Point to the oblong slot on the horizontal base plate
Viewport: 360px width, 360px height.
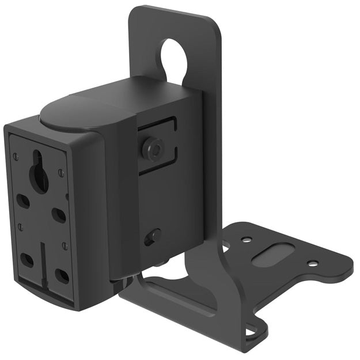(272, 254)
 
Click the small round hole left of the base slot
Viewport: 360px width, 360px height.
(246, 239)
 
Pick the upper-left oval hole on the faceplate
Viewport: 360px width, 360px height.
(23, 201)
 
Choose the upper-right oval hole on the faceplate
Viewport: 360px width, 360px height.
(59, 215)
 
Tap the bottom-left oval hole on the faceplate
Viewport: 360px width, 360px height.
(26, 260)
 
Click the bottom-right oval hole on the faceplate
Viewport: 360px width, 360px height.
(61, 276)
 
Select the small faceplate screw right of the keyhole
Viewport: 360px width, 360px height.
(60, 173)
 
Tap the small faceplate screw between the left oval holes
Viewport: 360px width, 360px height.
(21, 228)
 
